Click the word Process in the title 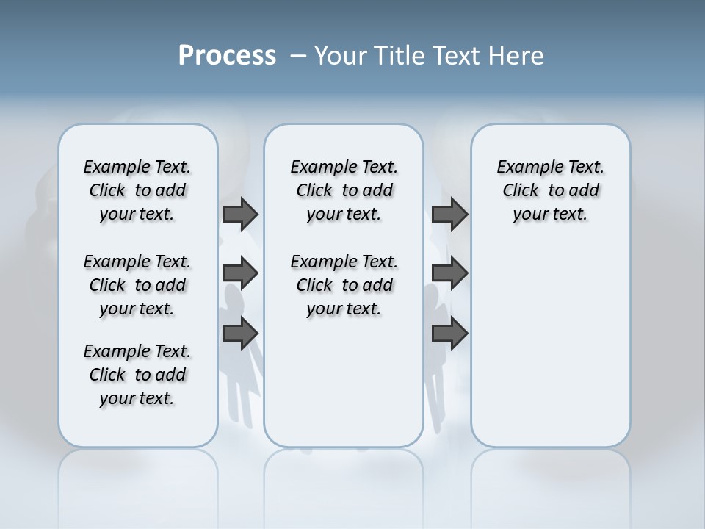[227, 56]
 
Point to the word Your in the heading [341, 56]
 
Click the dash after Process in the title [298, 56]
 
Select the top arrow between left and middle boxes [240, 214]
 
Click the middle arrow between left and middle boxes [240, 273]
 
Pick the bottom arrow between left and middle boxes [240, 333]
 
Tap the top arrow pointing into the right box [449, 214]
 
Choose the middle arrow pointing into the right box [449, 273]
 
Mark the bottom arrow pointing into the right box [449, 333]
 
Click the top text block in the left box [137, 190]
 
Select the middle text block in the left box [137, 285]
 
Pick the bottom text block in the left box [137, 375]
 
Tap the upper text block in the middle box [344, 190]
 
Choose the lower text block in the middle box [344, 285]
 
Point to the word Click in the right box [521, 191]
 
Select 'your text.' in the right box [550, 215]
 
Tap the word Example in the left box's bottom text [112, 351]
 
